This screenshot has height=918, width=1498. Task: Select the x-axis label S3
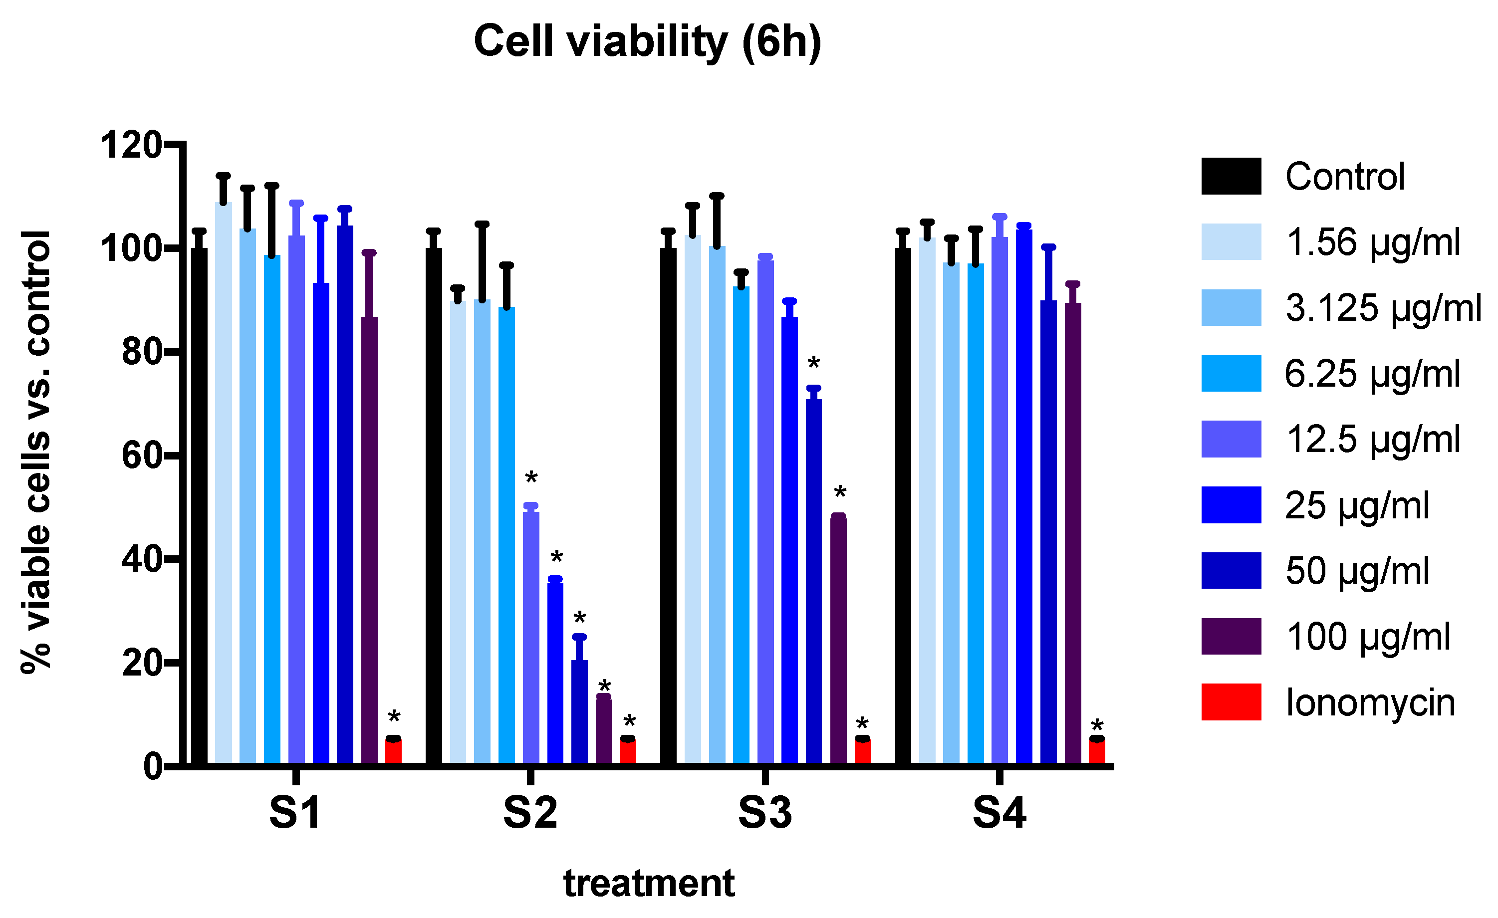coord(765,813)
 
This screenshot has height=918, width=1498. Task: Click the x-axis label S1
coord(295,813)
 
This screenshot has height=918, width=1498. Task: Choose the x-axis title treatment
coord(649,884)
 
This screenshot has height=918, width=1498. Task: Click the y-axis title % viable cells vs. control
coord(36,452)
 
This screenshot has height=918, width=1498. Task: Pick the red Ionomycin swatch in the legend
coord(1231,702)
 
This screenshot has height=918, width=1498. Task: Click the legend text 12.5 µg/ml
coord(1373,439)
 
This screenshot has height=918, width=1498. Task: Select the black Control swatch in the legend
coord(1231,176)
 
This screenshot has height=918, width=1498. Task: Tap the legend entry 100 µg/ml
coord(1368,637)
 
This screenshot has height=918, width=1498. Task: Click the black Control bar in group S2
coord(434,504)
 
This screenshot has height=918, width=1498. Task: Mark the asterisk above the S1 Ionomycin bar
coord(394,717)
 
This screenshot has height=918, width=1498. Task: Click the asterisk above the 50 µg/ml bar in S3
coord(813,364)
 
